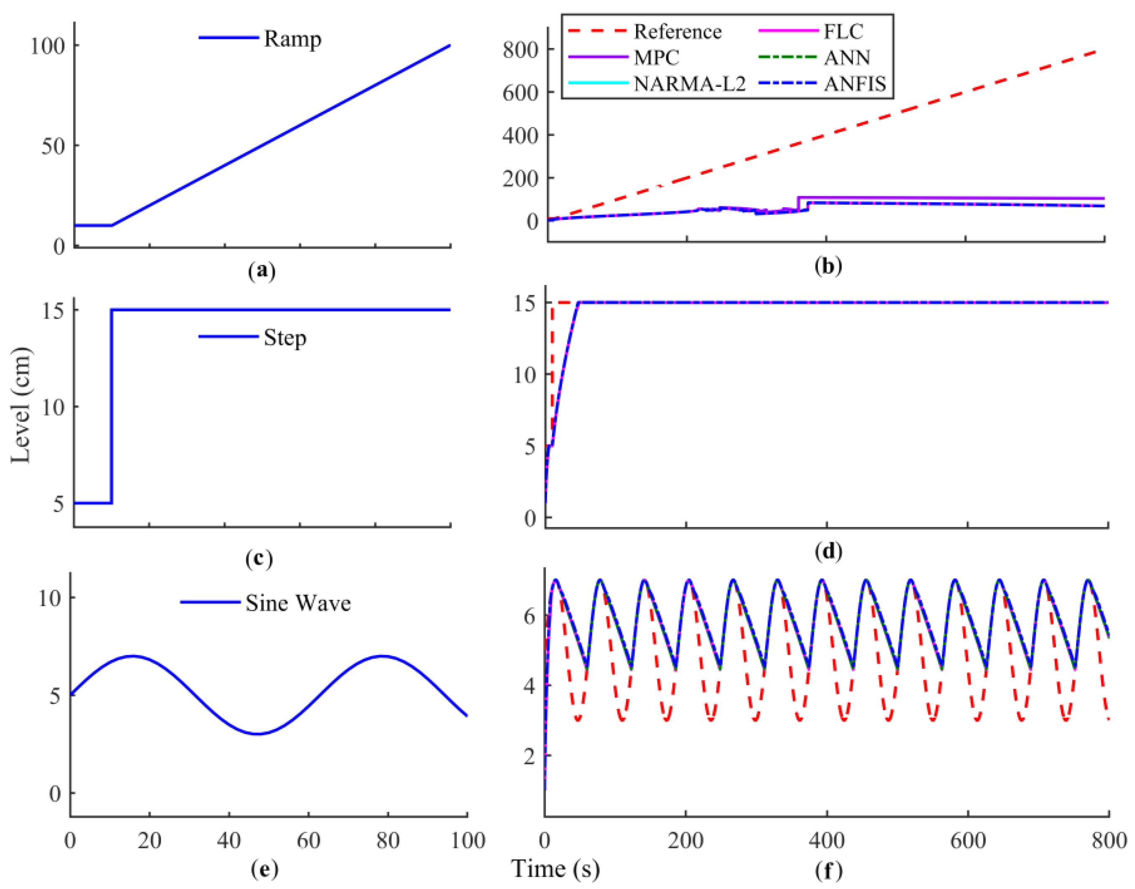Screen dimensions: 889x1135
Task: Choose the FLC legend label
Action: click(843, 32)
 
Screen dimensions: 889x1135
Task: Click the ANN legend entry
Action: click(846, 57)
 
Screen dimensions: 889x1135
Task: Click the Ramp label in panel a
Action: click(292, 39)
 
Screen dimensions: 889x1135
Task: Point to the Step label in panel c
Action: click(284, 338)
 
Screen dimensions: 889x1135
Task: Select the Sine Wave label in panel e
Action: click(298, 603)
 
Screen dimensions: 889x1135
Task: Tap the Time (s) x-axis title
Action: click(555, 868)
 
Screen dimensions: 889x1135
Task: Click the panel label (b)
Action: click(828, 266)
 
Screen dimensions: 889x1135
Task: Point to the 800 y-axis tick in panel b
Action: click(520, 50)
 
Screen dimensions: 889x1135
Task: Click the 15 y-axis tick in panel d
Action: click(525, 303)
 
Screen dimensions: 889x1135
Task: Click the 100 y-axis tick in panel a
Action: click(47, 46)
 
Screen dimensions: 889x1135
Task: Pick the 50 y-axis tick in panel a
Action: click(53, 146)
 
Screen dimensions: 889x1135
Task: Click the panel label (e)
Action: click(264, 868)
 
